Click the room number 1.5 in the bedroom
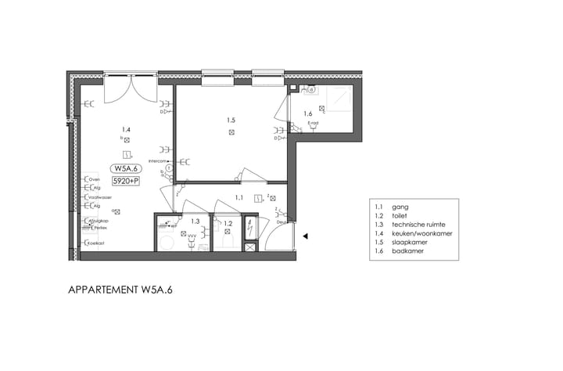231,121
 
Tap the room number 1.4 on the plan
126,129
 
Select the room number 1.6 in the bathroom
308,114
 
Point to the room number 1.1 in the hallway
239,198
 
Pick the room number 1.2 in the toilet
228,224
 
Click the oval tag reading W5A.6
126,168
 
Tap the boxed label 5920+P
126,182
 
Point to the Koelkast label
96,243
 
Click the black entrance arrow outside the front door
307,236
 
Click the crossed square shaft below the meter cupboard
250,247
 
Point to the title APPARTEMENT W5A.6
120,290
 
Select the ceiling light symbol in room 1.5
231,133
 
